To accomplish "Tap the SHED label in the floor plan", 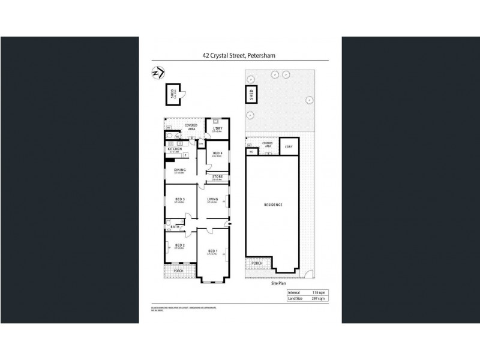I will click(172, 94).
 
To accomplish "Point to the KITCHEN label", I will click(175, 149).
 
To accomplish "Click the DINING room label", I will click(179, 170).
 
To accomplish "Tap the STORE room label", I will click(217, 176).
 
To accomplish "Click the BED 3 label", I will click(179, 199).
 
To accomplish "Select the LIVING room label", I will click(212, 199).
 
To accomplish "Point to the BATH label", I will click(175, 227).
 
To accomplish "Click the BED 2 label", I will click(179, 245).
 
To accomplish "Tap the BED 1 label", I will click(212, 251).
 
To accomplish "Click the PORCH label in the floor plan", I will click(178, 271).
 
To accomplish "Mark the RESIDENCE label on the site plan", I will click(273, 205).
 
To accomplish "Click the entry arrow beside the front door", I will click(230, 224).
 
